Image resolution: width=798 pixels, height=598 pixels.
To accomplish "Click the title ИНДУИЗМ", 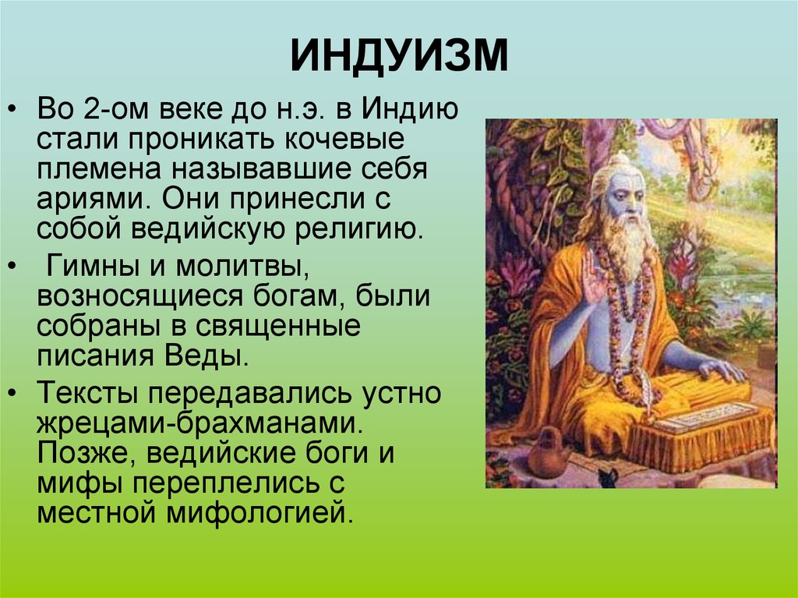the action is point(399,55).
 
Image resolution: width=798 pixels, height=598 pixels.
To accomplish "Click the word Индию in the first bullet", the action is point(410,109).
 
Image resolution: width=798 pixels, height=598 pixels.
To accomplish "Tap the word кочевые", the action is point(344,139).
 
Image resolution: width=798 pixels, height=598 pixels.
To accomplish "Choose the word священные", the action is point(278,327).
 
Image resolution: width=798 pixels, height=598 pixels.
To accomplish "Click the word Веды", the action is point(206,356).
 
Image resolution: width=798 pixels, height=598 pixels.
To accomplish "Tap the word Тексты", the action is point(92,393).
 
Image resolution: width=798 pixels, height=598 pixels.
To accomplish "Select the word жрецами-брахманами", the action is point(200,423).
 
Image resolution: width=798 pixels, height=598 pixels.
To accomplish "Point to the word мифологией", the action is point(260,513).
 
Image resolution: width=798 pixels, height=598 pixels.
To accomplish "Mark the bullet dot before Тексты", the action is point(13,394).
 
